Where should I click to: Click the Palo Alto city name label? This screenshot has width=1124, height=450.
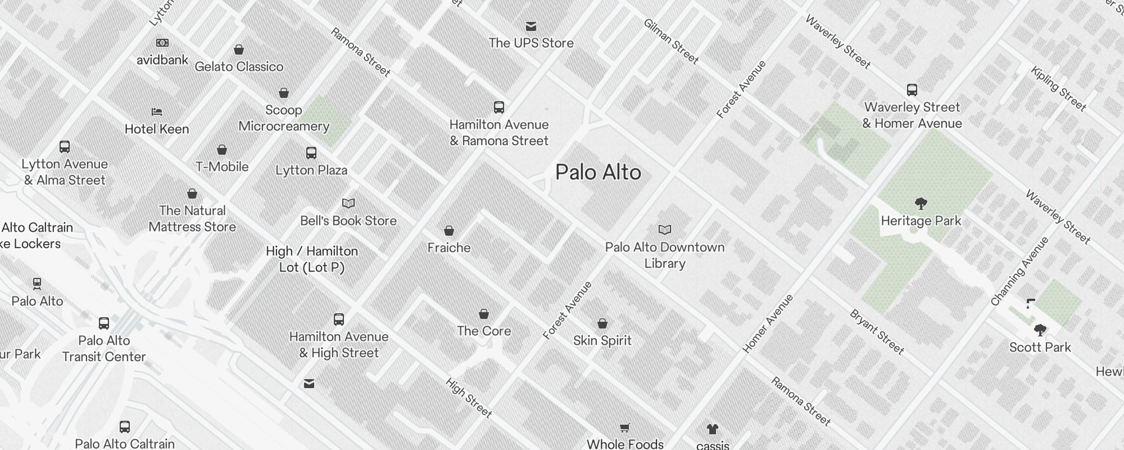(598, 172)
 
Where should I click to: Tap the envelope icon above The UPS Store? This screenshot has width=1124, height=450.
(531, 26)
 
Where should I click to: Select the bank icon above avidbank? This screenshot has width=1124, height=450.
(162, 43)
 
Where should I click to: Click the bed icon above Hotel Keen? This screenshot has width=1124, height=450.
(157, 112)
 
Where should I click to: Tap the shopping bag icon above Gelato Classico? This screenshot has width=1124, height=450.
(239, 49)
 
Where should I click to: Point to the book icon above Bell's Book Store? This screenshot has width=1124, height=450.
(348, 203)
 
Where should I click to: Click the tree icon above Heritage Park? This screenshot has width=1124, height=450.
(921, 203)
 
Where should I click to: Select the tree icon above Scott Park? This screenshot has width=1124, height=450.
(1040, 330)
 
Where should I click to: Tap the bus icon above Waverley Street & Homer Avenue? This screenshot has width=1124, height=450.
(912, 89)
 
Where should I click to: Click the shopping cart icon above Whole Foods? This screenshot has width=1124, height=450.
(624, 427)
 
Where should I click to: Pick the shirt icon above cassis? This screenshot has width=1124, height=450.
(712, 429)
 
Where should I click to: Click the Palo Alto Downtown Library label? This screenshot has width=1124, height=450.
(665, 255)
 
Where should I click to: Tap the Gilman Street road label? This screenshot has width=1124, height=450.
(671, 42)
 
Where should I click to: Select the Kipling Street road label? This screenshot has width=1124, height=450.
(1058, 88)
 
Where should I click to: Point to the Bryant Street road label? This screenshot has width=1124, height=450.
(877, 332)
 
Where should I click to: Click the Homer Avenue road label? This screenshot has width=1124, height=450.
(768, 323)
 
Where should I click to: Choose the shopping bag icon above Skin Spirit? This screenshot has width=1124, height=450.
(602, 323)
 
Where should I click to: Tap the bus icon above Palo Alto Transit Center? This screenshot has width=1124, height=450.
(104, 323)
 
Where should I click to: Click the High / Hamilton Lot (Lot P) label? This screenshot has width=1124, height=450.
(312, 259)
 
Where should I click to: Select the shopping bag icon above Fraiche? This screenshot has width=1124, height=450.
(448, 231)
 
